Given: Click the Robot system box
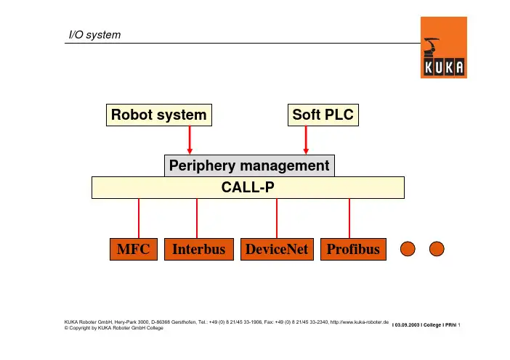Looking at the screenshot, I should coord(159,115).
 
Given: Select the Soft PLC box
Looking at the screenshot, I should coord(323,115).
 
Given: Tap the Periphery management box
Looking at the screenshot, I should coord(249,165).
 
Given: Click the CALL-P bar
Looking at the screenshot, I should coord(248,187).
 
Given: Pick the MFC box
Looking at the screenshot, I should coord(134,250).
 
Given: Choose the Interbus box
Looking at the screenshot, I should coord(198,250).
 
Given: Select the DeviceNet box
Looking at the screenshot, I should coord(277,250).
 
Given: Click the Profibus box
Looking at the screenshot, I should coord(353,250).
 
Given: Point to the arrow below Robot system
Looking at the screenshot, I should coord(190,139).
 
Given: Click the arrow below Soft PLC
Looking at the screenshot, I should coord(306,139).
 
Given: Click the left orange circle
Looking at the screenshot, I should coord(410,249).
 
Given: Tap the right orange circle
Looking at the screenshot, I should coord(437,249).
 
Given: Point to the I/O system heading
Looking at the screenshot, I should coord(90,34).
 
